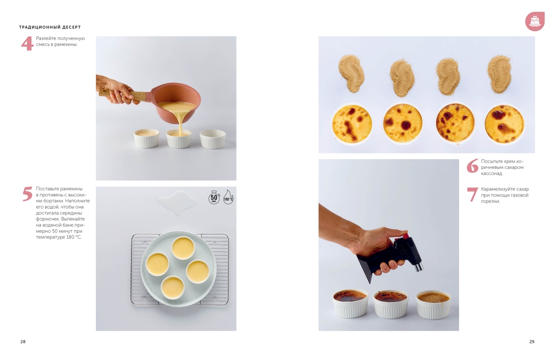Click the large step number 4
pos(27,43)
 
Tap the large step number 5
pos(28,194)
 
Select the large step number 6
pos(473,166)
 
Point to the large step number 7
pos(473,194)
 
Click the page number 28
pos(23,342)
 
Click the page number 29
pos(532,342)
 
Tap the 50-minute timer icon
pos(214,197)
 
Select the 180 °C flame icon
pos(228,197)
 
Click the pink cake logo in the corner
pos(535,21)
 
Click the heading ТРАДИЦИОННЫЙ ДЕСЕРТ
pos(50,27)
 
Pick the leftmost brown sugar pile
pos(351,73)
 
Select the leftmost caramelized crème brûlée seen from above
pos(352,124)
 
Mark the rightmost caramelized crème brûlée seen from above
pos(504,124)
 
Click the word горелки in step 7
pos(490,201)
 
